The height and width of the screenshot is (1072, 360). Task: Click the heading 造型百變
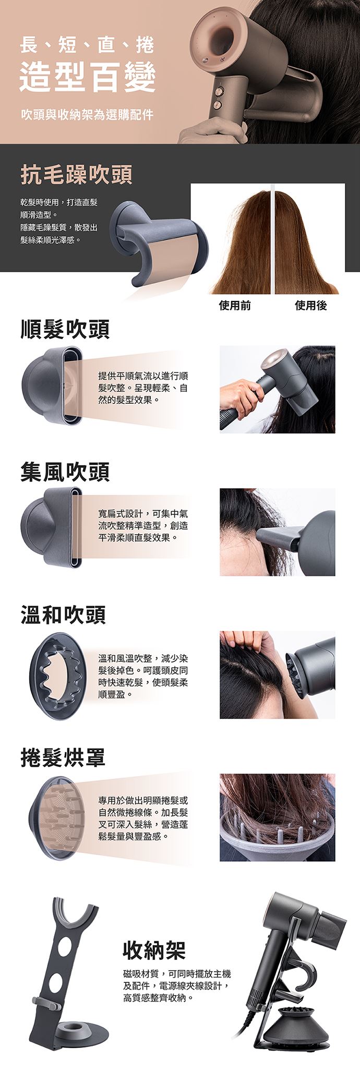(87, 76)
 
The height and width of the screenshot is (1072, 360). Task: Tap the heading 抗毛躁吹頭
(76, 175)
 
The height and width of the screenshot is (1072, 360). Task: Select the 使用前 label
(235, 305)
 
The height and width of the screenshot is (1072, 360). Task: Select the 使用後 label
(311, 305)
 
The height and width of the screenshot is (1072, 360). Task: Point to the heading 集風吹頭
(65, 472)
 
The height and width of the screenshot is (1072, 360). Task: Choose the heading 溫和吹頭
(63, 615)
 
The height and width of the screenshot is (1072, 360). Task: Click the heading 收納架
(154, 950)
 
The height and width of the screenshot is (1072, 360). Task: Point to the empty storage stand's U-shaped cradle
(76, 912)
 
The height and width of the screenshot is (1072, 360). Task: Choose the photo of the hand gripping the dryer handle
(277, 389)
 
